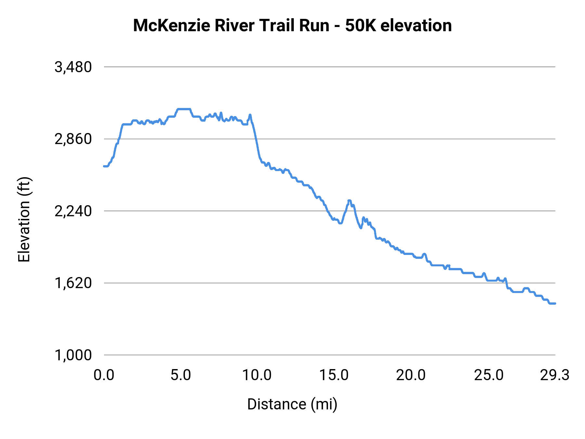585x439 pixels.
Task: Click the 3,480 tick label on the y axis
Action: [x=73, y=67]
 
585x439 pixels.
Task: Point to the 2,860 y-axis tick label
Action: [x=73, y=139]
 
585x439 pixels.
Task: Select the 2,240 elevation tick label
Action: [x=73, y=211]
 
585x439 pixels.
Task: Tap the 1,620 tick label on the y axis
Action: [x=73, y=283]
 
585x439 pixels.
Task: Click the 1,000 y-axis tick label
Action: [x=73, y=355]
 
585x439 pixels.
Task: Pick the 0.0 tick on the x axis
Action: [x=104, y=375]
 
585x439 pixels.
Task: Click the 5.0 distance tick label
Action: [x=181, y=375]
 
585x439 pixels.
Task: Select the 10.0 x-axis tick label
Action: [x=257, y=375]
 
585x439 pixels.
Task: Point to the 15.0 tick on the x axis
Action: [x=334, y=375]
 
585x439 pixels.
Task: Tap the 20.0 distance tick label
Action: [x=411, y=375]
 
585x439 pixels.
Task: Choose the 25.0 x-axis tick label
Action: [x=488, y=375]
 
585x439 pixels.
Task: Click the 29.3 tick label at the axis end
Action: [x=554, y=375]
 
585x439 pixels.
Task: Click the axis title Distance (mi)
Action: [x=292, y=404]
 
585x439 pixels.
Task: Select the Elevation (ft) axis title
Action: [x=24, y=219]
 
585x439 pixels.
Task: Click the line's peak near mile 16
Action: [x=349, y=200]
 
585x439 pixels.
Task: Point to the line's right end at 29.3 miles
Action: [x=555, y=303]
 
